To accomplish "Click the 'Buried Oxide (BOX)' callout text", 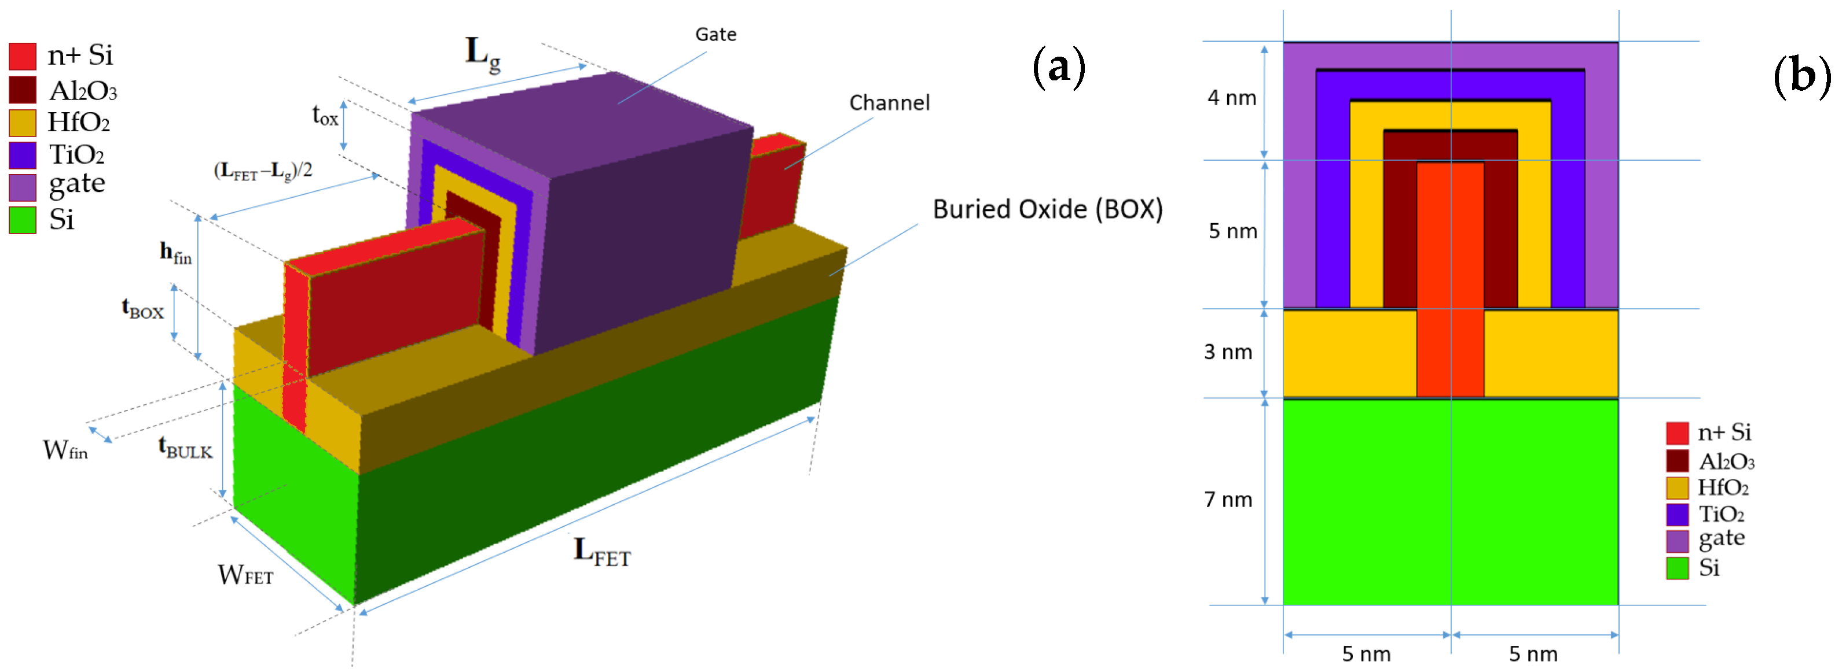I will coord(1047,209).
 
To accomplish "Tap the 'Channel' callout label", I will coord(889,103).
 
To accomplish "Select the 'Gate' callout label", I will coord(715,34).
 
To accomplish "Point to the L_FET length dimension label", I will coord(602,552).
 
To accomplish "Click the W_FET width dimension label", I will coord(245,574).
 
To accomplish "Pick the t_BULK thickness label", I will coord(185,448).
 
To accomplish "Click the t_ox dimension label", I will coord(325,115).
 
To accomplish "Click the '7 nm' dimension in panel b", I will coord(1228,500).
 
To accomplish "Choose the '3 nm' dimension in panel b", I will coord(1228,352).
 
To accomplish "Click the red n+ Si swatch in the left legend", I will coord(22,56).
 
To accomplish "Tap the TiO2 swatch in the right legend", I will coord(1677,514).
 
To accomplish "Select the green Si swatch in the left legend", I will coord(22,220).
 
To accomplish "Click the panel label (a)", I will coord(1059,68).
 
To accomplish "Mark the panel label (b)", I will coord(1801,75).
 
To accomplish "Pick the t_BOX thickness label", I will coord(142,309).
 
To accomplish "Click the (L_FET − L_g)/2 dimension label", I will coord(263,171).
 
